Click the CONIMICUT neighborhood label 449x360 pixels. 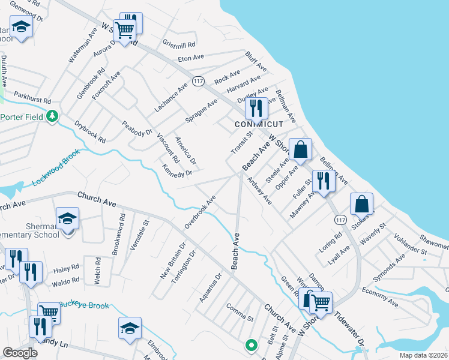tap(259, 124)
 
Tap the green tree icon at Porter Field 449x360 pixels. tap(53, 116)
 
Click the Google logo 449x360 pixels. tap(20, 353)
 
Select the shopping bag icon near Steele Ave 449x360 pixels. tap(300, 149)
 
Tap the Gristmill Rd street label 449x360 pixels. tap(179, 44)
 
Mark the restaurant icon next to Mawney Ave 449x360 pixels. tap(323, 180)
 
